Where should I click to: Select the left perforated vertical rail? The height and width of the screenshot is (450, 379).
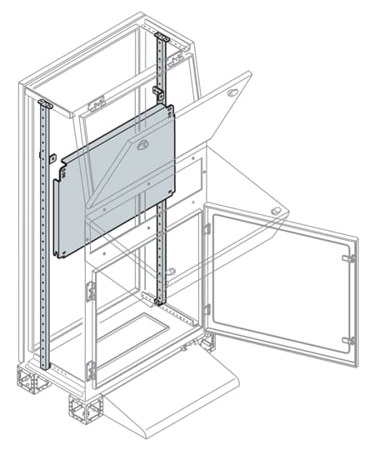point(46,250)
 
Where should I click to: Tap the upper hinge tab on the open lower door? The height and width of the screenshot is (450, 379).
point(349,258)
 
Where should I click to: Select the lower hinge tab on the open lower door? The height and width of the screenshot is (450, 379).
point(349,340)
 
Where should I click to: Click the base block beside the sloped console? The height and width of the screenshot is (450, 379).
point(85,409)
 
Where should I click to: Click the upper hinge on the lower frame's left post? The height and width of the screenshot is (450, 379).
point(91,292)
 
